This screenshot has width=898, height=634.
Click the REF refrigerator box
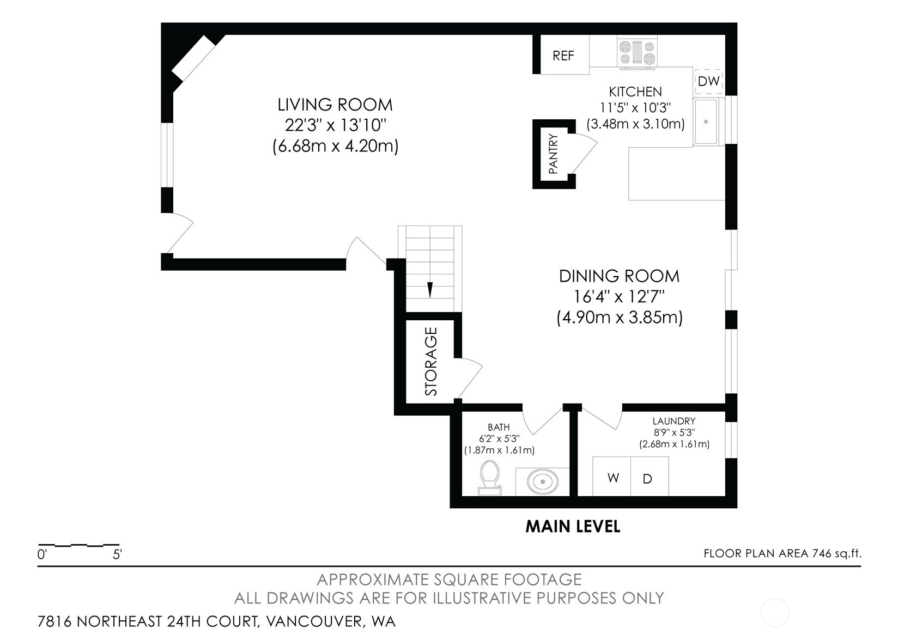click(x=565, y=54)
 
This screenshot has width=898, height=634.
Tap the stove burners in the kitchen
click(x=636, y=52)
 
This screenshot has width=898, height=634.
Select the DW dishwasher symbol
click(x=709, y=81)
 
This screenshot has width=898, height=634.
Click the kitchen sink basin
click(x=706, y=121)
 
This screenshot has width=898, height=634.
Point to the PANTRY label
click(x=553, y=154)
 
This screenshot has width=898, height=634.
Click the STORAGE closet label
click(x=430, y=362)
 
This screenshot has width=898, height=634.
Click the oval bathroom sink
click(x=542, y=481)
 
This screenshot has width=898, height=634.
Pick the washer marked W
click(x=612, y=477)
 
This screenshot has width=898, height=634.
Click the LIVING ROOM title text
click(x=335, y=105)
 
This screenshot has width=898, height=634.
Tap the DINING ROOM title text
click(x=620, y=276)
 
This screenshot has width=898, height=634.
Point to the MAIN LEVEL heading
click(x=573, y=526)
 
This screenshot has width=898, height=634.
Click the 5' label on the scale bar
click(x=117, y=554)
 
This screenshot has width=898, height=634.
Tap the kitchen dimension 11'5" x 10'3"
click(x=635, y=108)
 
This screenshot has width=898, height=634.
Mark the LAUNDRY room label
click(x=673, y=421)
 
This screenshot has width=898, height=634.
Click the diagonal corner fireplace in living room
click(x=193, y=58)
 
